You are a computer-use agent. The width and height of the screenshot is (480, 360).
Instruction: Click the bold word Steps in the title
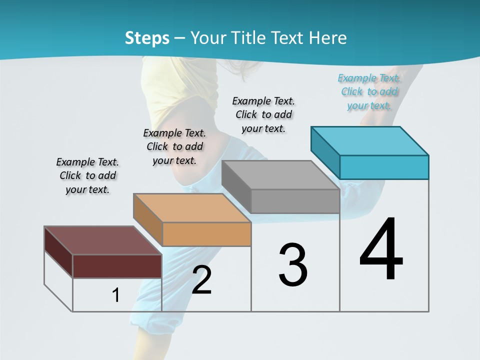(147, 38)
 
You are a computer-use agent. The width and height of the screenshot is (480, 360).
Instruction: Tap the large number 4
(381, 249)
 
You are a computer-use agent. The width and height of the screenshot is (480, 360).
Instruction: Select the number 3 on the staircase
(293, 265)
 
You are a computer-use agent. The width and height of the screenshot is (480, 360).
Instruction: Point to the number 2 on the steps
(201, 280)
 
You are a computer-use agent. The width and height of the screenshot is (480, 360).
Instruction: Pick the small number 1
(116, 295)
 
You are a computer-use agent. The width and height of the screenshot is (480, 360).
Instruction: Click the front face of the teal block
(384, 167)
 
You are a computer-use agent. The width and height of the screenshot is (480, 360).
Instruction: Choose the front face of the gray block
(295, 201)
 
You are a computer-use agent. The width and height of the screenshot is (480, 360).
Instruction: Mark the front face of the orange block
(206, 234)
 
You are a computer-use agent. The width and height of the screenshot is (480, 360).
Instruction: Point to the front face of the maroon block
(117, 266)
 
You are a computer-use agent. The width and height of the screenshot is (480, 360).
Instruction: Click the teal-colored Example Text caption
(369, 91)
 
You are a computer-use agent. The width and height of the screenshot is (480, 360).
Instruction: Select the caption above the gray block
(263, 114)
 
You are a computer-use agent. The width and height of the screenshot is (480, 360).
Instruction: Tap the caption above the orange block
(174, 146)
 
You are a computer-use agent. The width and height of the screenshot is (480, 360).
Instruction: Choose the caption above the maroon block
(87, 175)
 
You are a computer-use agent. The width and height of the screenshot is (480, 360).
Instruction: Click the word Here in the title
(328, 38)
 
